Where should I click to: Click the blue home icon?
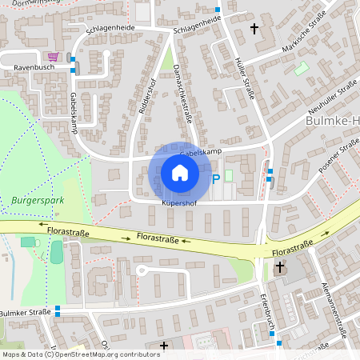[x=179, y=173]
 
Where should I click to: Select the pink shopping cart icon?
[x=54, y=57]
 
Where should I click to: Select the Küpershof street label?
[x=179, y=203]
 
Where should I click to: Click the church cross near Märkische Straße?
[x=255, y=30]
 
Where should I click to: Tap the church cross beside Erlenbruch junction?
[x=280, y=269]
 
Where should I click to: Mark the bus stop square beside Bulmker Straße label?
[x=58, y=312]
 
